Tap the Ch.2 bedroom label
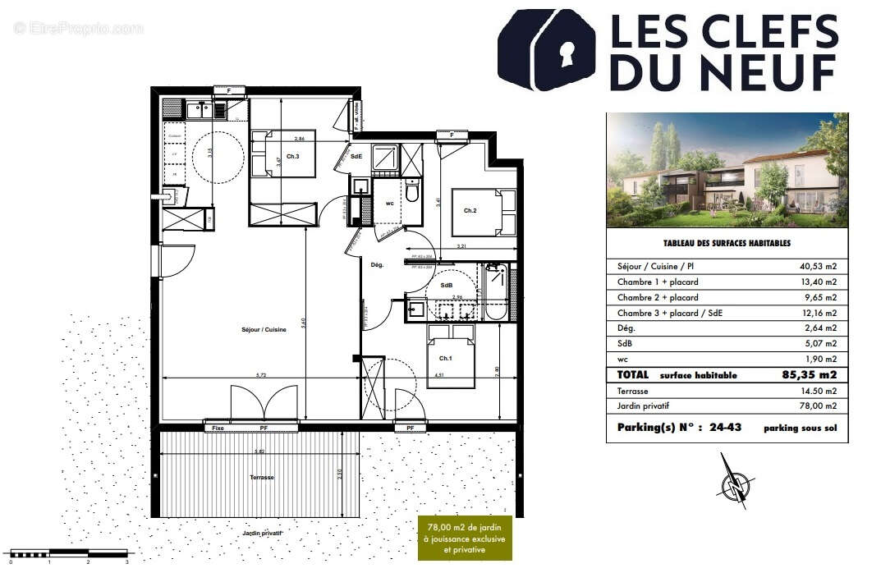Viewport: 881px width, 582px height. coord(470,211)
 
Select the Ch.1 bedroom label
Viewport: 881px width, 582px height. coord(445,358)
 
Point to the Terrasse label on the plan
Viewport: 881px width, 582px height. coord(262,477)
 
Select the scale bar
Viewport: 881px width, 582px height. coord(69,554)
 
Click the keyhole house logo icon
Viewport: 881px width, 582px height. coord(547,50)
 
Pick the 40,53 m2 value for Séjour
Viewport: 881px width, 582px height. coord(819,267)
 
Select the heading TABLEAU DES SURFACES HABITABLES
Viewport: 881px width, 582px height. coord(727,244)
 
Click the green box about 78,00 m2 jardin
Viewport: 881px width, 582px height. coord(465,538)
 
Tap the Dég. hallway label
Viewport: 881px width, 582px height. coord(378,264)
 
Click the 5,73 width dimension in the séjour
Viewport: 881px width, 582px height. coord(261,375)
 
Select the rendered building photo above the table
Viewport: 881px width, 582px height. coord(727,170)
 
